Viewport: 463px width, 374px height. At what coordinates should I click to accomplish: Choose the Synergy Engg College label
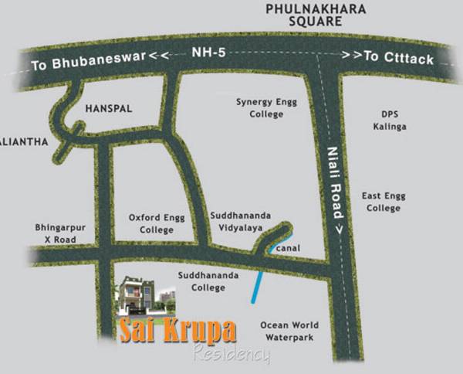click(x=260, y=108)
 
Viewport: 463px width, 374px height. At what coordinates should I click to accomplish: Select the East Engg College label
click(x=384, y=202)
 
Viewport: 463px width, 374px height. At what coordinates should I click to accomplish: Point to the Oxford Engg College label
click(x=151, y=224)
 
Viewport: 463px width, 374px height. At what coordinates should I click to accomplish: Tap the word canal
click(x=287, y=248)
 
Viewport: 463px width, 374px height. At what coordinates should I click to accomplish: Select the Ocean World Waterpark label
click(x=286, y=331)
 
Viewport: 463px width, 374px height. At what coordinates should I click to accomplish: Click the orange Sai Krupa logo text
click(x=177, y=330)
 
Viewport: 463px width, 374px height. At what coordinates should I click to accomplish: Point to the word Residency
click(x=231, y=355)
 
